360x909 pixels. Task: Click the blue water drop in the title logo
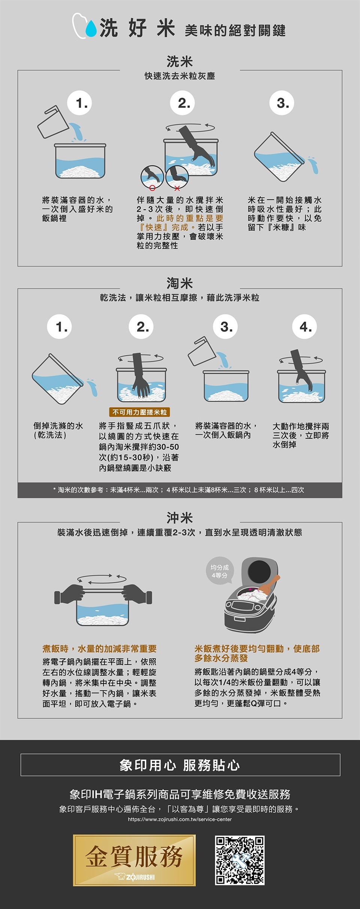[x=91, y=29]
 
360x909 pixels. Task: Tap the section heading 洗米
[x=180, y=61]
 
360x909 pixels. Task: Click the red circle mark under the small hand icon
[x=152, y=188]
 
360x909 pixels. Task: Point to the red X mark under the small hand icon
[x=177, y=188]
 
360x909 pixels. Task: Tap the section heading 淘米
[x=180, y=283]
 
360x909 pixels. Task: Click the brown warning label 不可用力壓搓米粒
[x=139, y=412]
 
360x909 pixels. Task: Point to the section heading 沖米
[x=180, y=518]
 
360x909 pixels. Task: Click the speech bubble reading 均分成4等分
[x=220, y=571]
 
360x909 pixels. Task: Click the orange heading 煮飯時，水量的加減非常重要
[x=99, y=649]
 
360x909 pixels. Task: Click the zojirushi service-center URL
[x=180, y=819]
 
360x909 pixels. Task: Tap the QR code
[x=240, y=860]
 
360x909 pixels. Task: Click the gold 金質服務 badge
[x=134, y=860]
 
